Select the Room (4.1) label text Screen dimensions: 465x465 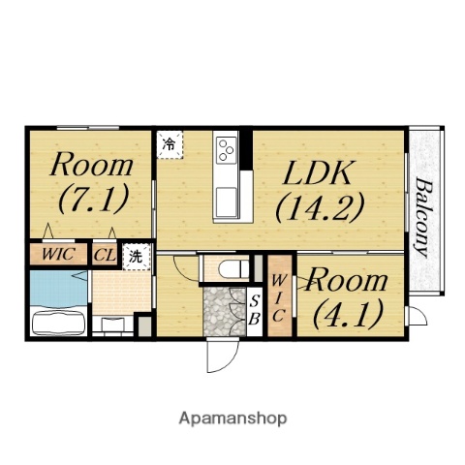348,298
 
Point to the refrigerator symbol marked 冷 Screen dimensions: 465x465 170,144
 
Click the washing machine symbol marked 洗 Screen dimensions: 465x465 137,257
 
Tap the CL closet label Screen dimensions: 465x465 105,256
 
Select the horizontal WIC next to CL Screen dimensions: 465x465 58,254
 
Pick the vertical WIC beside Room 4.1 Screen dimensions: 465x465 279,298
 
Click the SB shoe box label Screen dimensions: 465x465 255,311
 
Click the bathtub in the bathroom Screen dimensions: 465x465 58,322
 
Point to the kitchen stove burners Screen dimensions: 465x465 227,150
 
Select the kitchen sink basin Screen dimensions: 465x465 227,201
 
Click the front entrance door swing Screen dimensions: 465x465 223,356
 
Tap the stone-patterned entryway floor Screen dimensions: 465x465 224,312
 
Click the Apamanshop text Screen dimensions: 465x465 232,418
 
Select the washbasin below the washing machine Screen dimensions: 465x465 113,324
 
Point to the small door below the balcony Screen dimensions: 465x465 417,316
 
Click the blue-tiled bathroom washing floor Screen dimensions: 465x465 58,288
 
